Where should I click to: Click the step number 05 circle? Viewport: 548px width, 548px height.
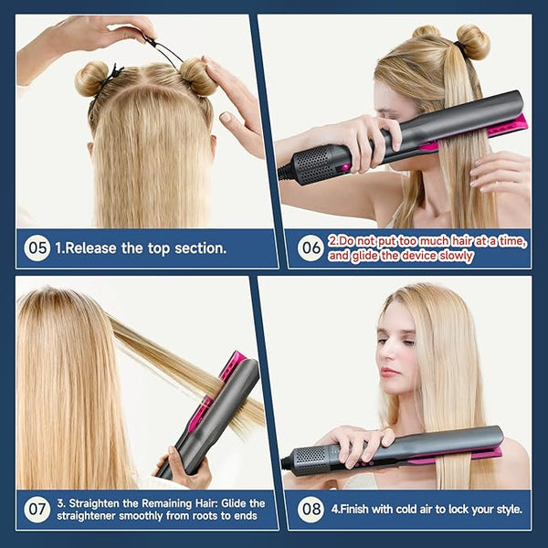[x=37, y=248]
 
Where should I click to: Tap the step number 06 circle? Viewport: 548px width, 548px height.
[x=311, y=248]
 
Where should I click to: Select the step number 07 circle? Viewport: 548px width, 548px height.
[x=37, y=510]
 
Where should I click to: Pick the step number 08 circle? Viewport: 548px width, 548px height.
[x=311, y=510]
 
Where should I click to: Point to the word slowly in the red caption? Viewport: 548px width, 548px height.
[x=456, y=256]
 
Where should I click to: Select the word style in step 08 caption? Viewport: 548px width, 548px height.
[x=510, y=510]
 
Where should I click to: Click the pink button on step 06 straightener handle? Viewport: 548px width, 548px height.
[x=345, y=167]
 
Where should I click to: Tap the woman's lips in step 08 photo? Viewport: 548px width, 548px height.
[x=389, y=372]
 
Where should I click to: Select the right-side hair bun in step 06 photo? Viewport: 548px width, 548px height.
[x=473, y=42]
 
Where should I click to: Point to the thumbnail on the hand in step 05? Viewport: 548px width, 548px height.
[x=226, y=117]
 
